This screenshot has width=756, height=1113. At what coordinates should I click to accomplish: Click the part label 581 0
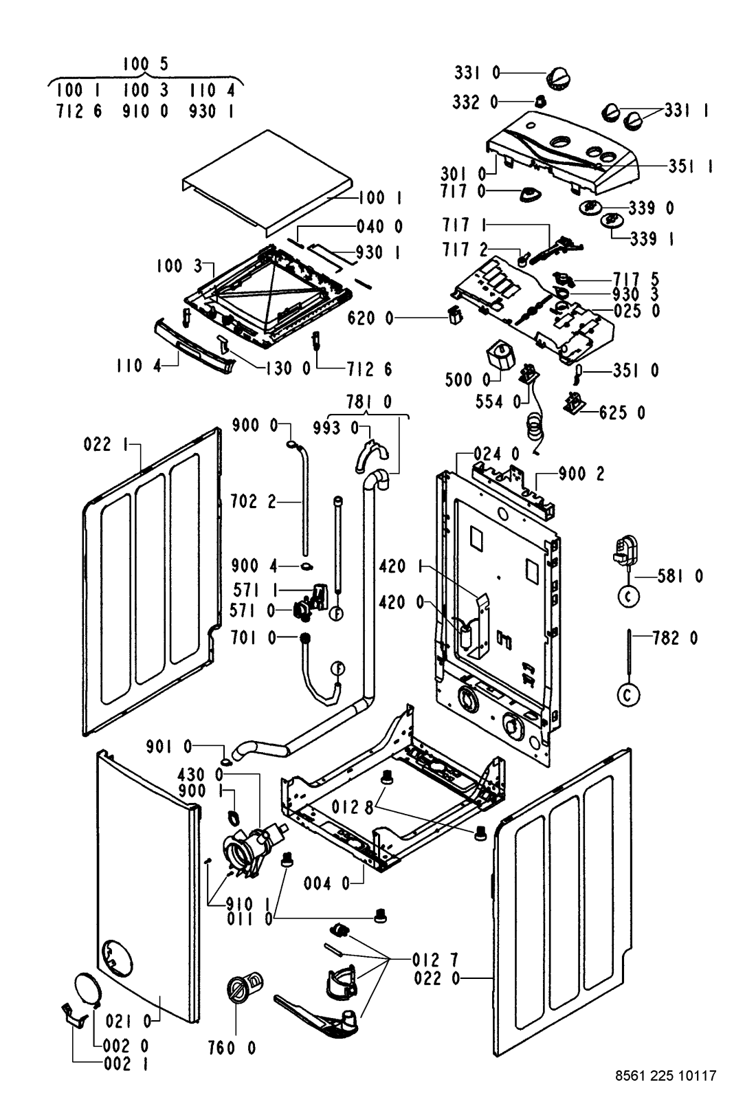tap(680, 576)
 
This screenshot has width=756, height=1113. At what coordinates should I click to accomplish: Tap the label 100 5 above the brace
tap(145, 65)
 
